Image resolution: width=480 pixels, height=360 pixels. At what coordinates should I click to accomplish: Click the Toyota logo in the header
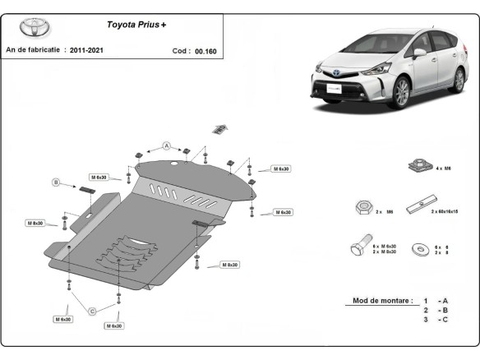tap(35, 27)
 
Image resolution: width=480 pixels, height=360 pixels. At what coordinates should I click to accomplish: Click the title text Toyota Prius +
tap(136, 25)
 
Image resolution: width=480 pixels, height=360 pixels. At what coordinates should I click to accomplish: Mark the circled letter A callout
tap(166, 145)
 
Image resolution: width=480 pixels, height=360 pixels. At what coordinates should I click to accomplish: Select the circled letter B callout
tap(56, 182)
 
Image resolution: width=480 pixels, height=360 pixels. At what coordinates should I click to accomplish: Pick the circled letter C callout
tap(92, 310)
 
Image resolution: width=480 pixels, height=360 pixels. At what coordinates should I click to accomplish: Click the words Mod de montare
tap(380, 300)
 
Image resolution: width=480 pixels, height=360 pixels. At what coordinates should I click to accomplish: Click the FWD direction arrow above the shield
tap(219, 128)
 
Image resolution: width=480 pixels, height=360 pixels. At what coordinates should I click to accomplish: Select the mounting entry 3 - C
tap(436, 320)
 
